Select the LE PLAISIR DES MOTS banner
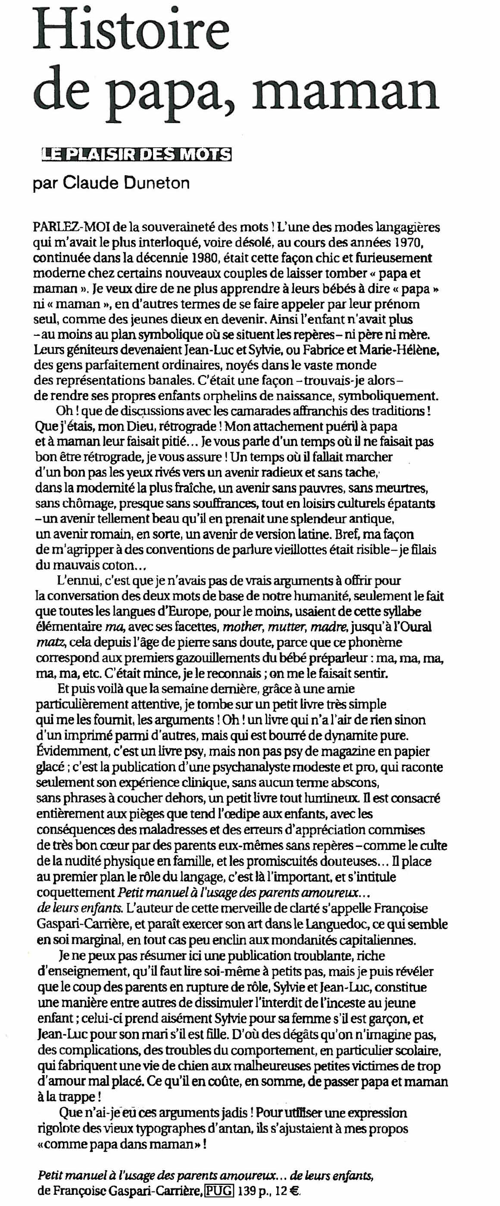[136, 155]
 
